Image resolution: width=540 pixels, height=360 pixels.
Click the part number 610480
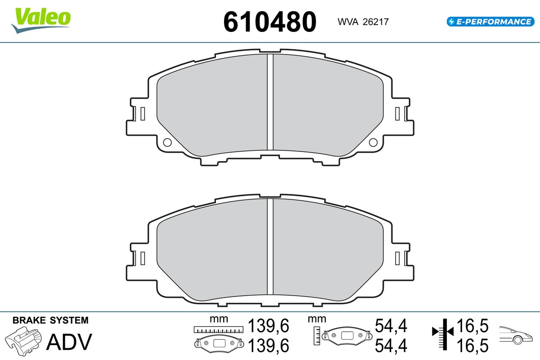270,22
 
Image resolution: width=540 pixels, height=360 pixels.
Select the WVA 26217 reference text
363,22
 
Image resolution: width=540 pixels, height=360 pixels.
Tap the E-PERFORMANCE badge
490,22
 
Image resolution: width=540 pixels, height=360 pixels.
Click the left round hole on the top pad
167,142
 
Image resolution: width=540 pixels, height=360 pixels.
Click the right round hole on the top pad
373,142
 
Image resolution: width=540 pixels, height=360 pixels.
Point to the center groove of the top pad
270,102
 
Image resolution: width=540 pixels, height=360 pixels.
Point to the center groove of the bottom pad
270,247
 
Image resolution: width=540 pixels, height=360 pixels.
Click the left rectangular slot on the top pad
143,113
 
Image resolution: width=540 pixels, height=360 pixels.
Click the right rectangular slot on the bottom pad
397,258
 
